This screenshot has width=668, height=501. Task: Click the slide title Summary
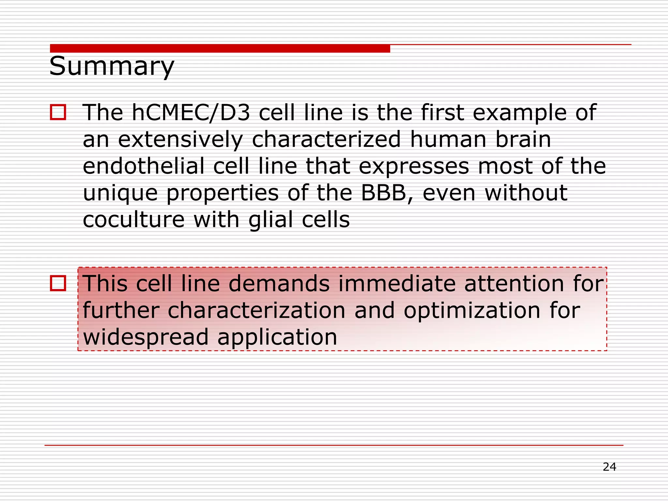pos(112,66)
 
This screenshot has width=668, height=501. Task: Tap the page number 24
pos(609,467)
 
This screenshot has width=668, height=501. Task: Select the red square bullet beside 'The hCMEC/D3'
pos(58,112)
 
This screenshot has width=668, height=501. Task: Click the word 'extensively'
pos(180,140)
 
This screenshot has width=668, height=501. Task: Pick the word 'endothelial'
pos(144,166)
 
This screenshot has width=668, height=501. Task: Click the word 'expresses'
pos(414,167)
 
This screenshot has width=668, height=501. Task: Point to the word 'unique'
pos(120,193)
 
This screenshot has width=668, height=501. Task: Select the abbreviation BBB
pos(384,193)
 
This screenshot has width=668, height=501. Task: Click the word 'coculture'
pos(134,220)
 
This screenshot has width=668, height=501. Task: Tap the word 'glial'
pos(270,220)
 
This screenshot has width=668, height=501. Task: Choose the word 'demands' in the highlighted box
pos(279,283)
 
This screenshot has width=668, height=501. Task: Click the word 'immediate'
pos(397,283)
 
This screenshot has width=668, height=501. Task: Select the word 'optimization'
pos(472,311)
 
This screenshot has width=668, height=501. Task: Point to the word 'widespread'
pos(145,337)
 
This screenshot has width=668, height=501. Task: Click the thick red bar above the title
pos(220,48)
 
